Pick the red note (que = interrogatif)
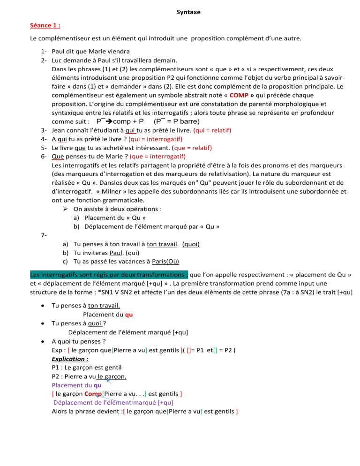click(157, 156)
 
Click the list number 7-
click(44, 235)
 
